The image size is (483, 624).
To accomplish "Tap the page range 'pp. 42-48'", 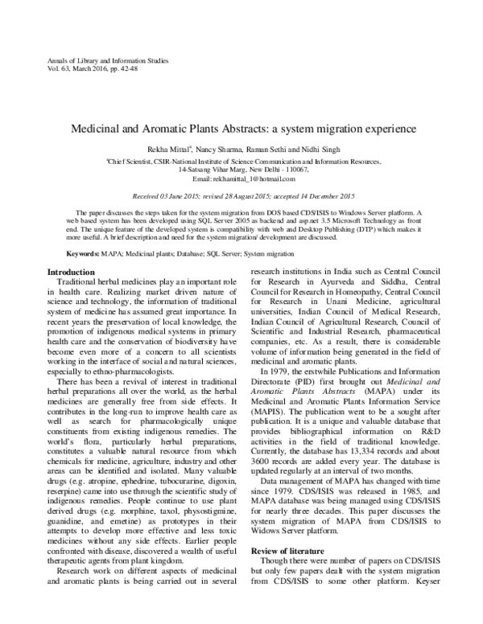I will click(136, 70).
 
